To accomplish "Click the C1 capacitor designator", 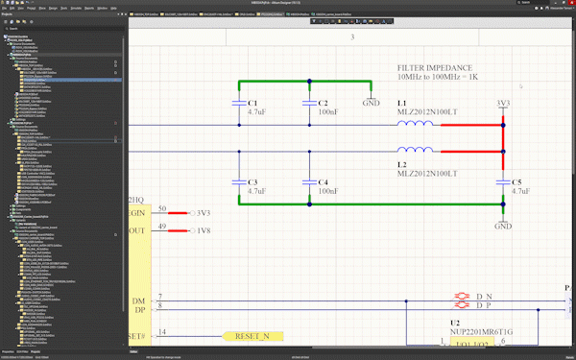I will [253, 103].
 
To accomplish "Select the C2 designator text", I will [324, 103].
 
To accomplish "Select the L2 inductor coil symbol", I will [415, 150].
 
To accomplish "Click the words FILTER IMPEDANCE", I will [437, 68].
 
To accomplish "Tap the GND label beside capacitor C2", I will [371, 103].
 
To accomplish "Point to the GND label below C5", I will [503, 227].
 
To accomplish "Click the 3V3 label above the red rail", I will [503, 103].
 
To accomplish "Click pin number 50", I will [162, 209].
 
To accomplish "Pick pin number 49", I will [162, 228].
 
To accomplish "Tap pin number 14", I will [162, 333].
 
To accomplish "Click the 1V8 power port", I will [203, 231].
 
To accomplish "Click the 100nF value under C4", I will [327, 191].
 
